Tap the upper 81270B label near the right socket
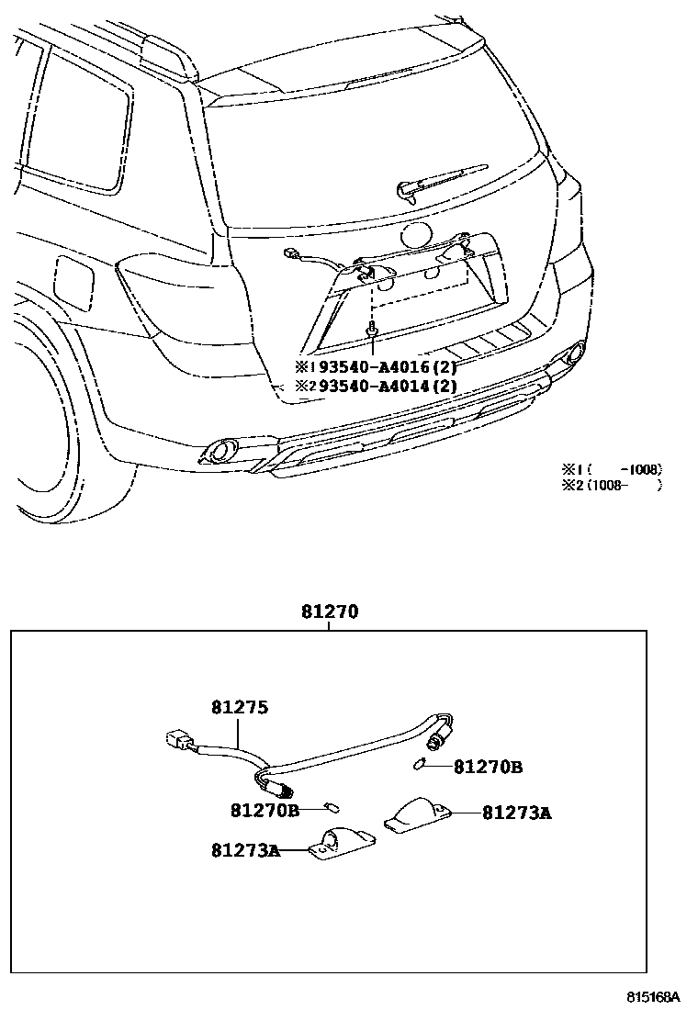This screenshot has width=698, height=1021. (x=488, y=767)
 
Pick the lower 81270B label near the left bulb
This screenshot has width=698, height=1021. (x=265, y=810)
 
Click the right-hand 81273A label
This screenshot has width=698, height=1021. (x=516, y=813)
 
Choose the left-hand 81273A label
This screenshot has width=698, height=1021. (x=245, y=850)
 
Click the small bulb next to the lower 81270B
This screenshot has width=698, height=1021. (x=332, y=808)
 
